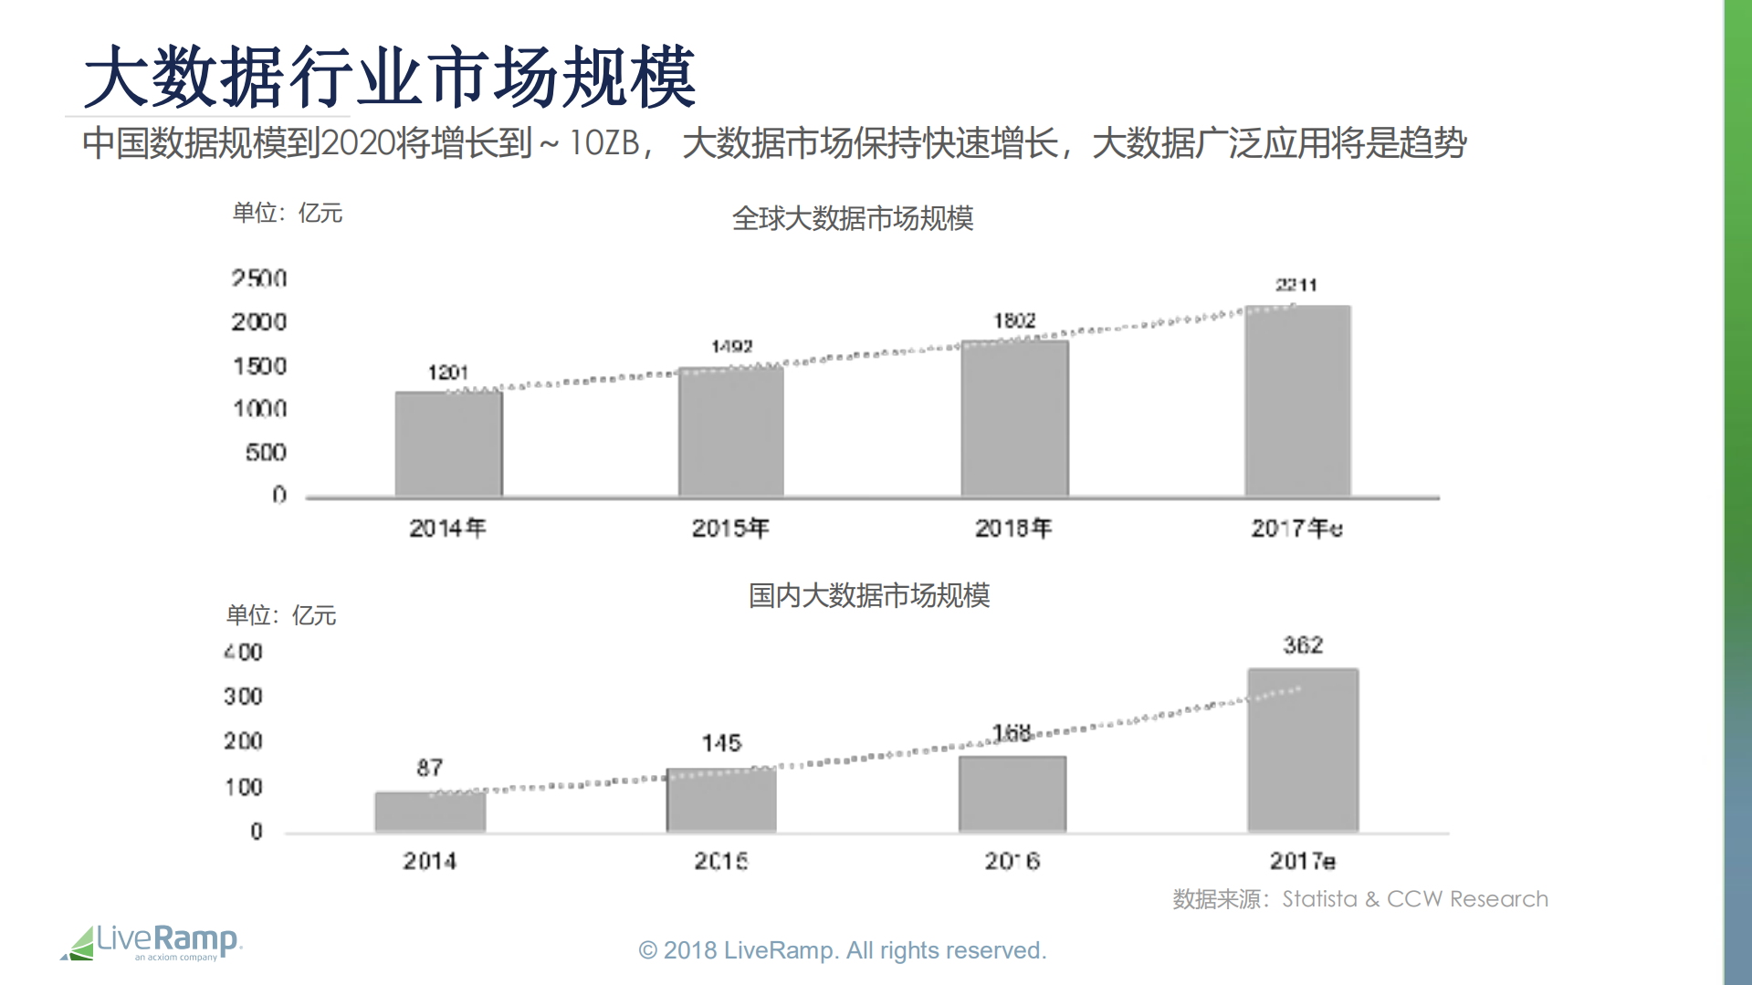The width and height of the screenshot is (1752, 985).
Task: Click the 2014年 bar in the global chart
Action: (448, 444)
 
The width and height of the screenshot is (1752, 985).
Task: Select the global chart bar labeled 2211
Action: (1297, 401)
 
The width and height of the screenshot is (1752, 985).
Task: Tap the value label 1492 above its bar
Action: (731, 347)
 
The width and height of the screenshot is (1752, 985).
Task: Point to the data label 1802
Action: (1014, 320)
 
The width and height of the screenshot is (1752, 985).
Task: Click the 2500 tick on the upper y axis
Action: (259, 278)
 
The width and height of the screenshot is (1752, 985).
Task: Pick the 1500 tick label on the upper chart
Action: (259, 366)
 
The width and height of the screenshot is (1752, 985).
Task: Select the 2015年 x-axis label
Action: (730, 528)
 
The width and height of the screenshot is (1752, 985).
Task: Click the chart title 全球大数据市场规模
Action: (853, 218)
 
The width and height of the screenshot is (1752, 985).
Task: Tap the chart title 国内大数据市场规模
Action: (869, 595)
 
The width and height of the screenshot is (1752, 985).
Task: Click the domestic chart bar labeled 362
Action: (1303, 749)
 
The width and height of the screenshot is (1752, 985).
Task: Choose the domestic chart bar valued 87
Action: (430, 812)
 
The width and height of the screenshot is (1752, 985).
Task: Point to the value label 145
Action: (721, 743)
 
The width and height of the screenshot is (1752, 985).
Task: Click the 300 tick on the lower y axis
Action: (243, 697)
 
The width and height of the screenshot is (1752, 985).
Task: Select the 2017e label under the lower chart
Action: (1302, 861)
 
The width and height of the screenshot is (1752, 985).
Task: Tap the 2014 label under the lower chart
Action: (430, 861)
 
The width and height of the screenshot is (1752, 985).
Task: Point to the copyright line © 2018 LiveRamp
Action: (842, 950)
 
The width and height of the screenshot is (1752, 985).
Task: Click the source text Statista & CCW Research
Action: (1414, 899)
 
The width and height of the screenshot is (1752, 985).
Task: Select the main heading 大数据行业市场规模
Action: (390, 77)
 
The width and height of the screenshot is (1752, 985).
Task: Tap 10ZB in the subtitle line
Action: (603, 143)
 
